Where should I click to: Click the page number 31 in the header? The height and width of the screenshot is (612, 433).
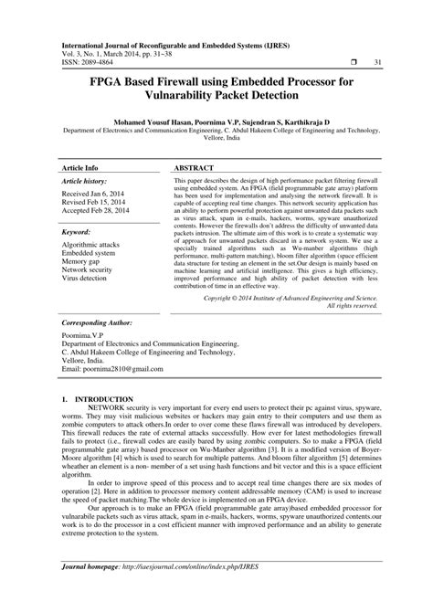[x=377, y=61]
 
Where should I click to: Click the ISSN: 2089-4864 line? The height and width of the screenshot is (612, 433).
[x=93, y=61]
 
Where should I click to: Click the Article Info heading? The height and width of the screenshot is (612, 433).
[x=79, y=144]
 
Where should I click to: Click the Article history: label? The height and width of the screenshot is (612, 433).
[x=87, y=158]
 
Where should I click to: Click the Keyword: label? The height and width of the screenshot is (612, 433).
[x=76, y=207]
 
